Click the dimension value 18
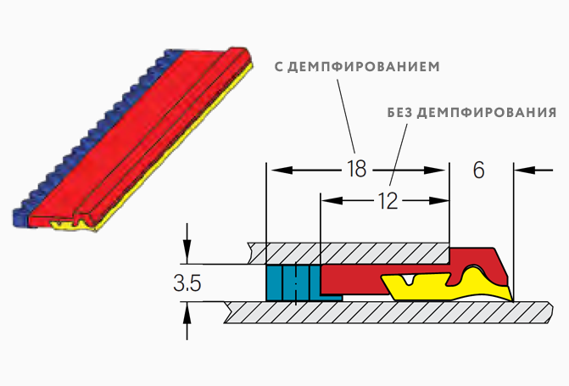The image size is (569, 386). point(357,169)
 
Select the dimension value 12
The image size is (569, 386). point(388,202)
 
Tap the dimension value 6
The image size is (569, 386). point(478,170)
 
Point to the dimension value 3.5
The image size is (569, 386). point(187,285)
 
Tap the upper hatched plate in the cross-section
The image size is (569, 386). point(348,252)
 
